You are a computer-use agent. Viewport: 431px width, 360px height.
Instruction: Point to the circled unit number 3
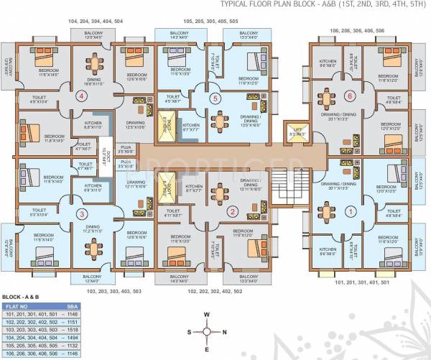pyautogui.click(x=81, y=213)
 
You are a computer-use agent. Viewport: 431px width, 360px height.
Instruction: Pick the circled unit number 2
pyautogui.click(x=232, y=211)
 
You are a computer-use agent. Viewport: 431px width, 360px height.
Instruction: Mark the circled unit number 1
pyautogui.click(x=351, y=211)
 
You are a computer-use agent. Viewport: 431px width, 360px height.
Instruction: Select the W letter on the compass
pyautogui.click(x=206, y=314)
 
